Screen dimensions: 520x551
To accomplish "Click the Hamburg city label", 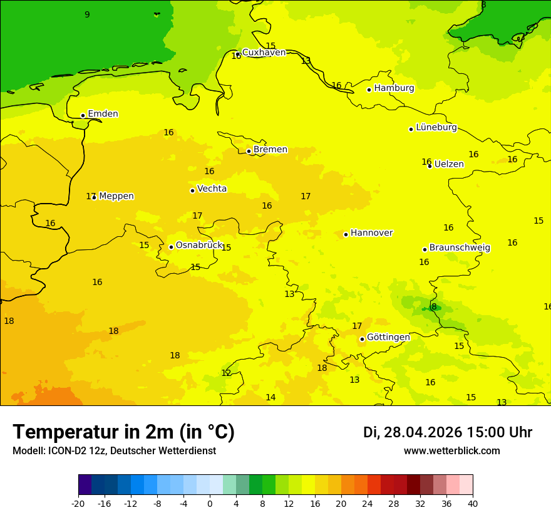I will coord(394,88).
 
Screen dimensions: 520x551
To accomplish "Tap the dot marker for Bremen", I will coord(249,151).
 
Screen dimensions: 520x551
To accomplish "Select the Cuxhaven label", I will coord(264,53).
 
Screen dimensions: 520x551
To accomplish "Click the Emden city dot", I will coord(83,115).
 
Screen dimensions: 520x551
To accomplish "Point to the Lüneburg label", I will coord(436,128).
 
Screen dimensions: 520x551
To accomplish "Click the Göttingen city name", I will coord(388,337).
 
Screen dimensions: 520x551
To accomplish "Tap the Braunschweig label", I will coord(460,248).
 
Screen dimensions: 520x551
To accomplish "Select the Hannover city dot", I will coord(346,234).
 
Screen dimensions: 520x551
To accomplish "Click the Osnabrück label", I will coord(199,246).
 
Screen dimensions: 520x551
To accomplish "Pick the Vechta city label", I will coord(212,189).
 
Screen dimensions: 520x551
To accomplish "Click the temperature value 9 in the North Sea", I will coord(87,15).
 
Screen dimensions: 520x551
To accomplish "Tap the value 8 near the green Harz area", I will coord(434,307).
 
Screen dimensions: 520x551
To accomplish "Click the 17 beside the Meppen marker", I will coord(91,197).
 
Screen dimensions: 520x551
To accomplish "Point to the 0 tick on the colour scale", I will coord(210,504).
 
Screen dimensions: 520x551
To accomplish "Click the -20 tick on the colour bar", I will coord(78,504).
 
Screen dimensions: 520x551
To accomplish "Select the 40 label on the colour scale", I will coord(473,504).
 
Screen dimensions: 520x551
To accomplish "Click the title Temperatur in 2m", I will coord(123,432).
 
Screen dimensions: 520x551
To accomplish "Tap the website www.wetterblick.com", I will coord(451,451).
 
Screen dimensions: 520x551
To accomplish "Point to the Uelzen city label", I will coord(449,165).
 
